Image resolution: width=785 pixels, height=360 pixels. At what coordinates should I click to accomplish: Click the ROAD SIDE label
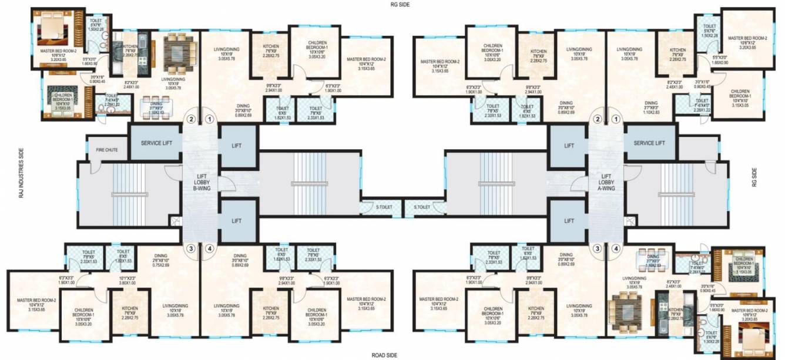tap(385, 355)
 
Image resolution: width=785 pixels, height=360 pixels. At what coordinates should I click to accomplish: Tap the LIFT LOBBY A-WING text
tap(607, 181)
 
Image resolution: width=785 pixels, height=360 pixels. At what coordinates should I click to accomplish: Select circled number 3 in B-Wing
tap(190, 248)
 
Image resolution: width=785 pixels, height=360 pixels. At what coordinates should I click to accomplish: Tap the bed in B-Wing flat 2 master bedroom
tap(52, 29)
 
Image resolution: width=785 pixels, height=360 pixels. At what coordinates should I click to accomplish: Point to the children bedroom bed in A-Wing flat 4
tap(741, 267)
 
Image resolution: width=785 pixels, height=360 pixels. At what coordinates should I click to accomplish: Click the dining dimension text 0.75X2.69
tap(160, 265)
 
